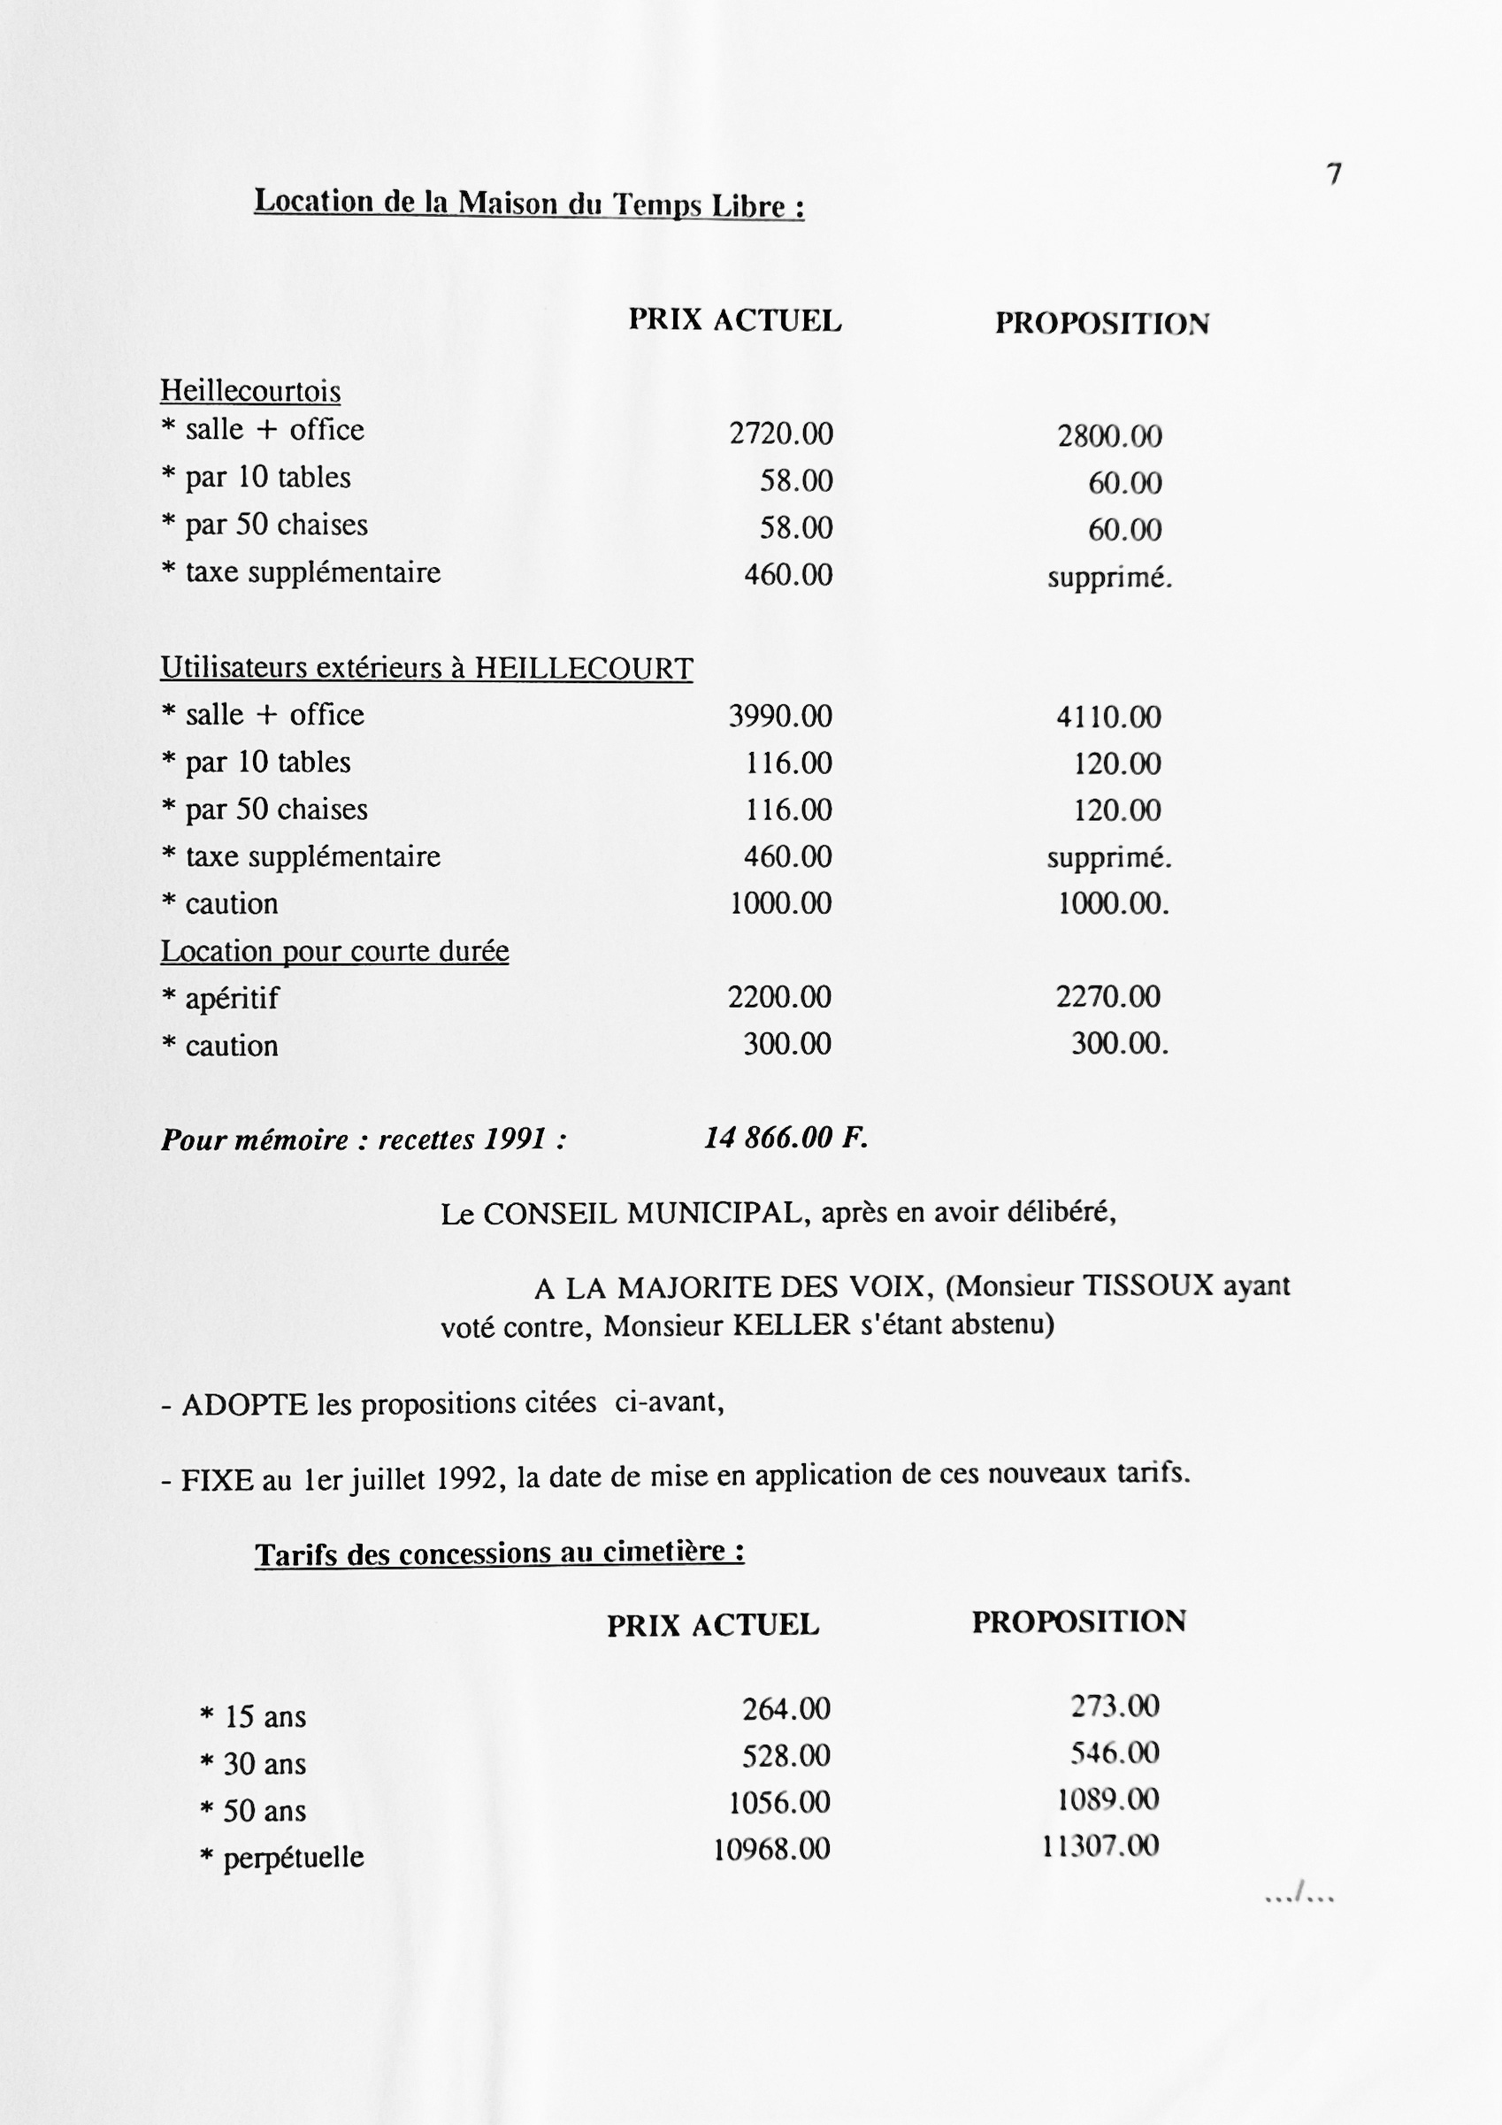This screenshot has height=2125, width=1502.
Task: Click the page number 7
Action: pyautogui.click(x=1334, y=174)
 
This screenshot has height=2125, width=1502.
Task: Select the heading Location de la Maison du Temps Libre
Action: pyautogui.click(x=528, y=203)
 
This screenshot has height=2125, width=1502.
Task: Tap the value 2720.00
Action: pyautogui.click(x=781, y=433)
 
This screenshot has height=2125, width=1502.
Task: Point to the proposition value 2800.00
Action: pyautogui.click(x=1109, y=436)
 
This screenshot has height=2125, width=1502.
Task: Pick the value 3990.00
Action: pyautogui.click(x=780, y=716)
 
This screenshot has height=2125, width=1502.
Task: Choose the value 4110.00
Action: pyautogui.click(x=1108, y=717)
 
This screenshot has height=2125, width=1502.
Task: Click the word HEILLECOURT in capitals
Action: pyautogui.click(x=583, y=668)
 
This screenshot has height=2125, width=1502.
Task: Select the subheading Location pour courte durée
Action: pyautogui.click(x=334, y=950)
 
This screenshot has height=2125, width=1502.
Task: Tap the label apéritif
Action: pyautogui.click(x=232, y=999)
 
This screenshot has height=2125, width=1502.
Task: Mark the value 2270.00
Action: pyautogui.click(x=1107, y=997)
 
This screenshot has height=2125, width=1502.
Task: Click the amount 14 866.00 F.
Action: pyautogui.click(x=785, y=1138)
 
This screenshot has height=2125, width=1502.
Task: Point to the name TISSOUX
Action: pyautogui.click(x=1147, y=1285)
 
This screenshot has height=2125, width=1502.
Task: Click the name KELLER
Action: pyautogui.click(x=792, y=1325)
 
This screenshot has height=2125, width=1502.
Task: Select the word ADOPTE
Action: pyautogui.click(x=244, y=1405)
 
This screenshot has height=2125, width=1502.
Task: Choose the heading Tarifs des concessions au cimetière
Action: pyautogui.click(x=500, y=1553)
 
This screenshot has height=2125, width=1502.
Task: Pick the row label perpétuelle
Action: pyautogui.click(x=294, y=1857)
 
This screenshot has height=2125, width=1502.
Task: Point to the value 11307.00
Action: pyautogui.click(x=1100, y=1846)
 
